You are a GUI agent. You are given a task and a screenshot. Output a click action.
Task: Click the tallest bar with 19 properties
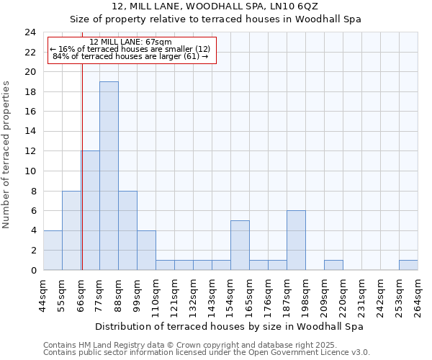pos(109,176)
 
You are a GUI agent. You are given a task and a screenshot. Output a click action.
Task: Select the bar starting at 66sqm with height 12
pos(90,210)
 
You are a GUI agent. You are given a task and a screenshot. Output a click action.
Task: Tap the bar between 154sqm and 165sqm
pos(240,245)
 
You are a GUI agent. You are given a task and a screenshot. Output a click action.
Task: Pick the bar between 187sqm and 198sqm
pos(296,240)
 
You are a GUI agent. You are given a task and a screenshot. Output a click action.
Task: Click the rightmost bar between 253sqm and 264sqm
pos(408,265)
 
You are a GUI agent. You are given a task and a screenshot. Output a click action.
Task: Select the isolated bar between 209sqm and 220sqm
pos(333,265)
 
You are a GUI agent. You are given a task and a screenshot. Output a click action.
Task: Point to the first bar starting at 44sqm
pos(53,250)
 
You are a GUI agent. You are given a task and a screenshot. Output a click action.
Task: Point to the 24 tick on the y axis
pos(30,32)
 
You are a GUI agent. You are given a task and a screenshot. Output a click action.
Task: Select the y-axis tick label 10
pos(30,171)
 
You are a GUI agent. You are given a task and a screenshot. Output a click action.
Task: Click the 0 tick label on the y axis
pos(33,270)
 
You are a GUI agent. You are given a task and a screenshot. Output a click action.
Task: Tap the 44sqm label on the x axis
pos(44,295)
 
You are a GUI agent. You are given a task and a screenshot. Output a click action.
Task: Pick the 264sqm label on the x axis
pos(418,295)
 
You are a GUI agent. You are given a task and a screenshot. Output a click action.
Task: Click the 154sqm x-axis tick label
pos(231,295)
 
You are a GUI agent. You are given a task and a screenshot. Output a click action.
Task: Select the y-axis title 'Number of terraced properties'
pos(7,155)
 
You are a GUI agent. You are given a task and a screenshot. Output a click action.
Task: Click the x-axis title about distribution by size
pos(229,326)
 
